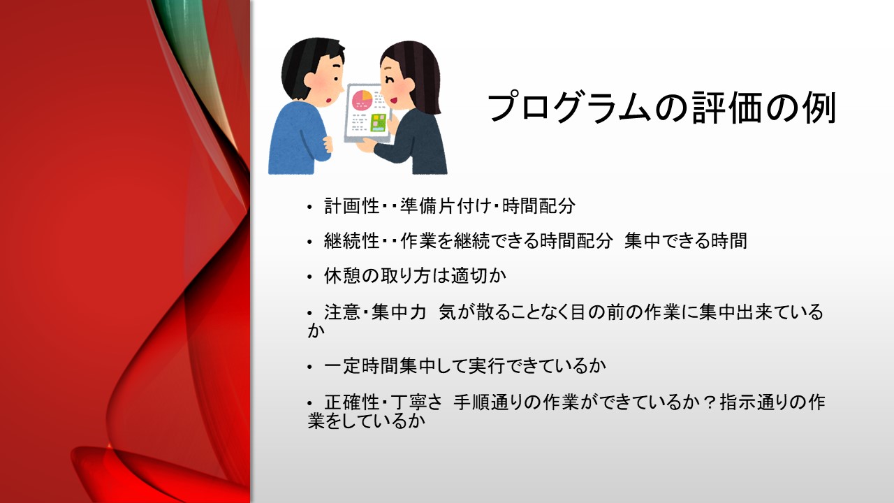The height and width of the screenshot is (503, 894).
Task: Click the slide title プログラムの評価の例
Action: (661, 108)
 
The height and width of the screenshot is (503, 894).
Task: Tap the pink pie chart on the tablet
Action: (362, 98)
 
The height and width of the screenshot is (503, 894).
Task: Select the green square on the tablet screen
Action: (379, 122)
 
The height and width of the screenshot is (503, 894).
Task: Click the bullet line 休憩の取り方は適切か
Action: (415, 276)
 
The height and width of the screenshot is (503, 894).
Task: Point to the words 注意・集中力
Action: (374, 312)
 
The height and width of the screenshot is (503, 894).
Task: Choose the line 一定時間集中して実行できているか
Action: (464, 365)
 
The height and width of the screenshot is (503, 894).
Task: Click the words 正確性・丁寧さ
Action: (383, 402)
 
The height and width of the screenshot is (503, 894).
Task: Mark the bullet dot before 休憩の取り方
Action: (311, 277)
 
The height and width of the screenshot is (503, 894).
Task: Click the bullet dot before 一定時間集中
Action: (311, 367)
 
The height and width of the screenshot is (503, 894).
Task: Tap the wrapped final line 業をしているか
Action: (366, 422)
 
